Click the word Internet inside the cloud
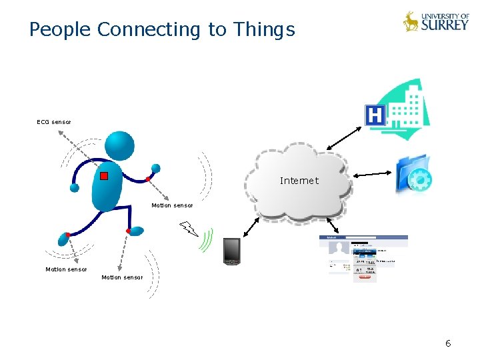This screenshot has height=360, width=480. point(299,181)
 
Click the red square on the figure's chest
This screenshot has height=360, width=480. point(104,176)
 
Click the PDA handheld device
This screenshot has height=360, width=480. point(231,251)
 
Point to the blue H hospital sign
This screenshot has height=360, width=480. point(376,116)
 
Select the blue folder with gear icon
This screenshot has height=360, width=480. point(413,175)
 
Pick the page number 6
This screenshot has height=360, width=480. point(448,343)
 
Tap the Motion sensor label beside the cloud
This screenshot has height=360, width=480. point(172,205)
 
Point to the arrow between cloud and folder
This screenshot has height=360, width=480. point(373,174)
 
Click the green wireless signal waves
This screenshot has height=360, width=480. point(207,239)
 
